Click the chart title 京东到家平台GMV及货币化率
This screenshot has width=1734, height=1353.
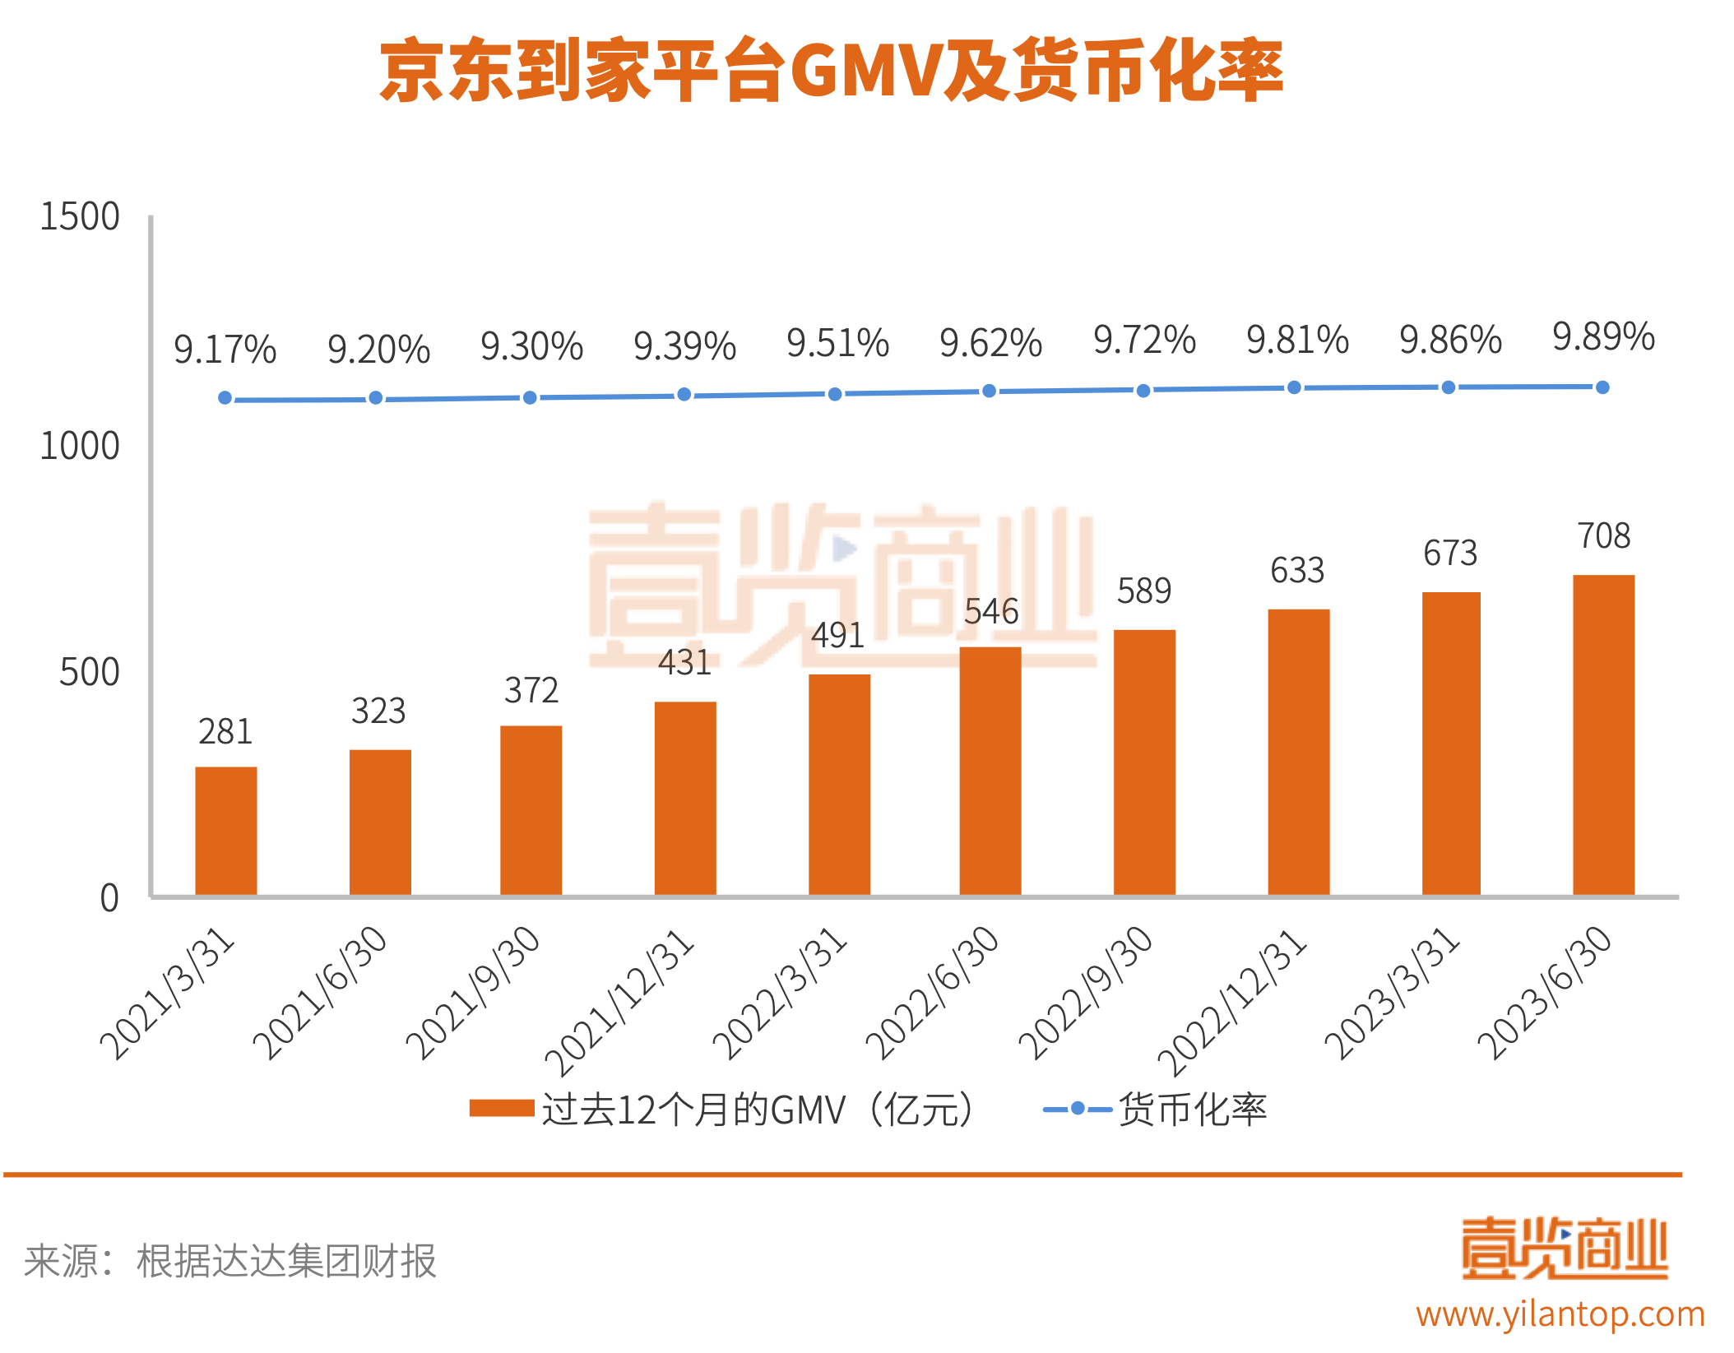[831, 71]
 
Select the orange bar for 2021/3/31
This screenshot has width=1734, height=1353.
[225, 831]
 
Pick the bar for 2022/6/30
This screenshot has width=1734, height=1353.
[990, 771]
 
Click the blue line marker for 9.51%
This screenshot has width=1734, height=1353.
[835, 394]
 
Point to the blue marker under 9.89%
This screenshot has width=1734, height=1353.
[1602, 387]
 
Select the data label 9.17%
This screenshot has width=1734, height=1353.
[225, 350]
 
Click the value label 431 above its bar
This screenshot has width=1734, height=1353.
[684, 663]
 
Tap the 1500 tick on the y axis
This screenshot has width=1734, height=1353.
[80, 217]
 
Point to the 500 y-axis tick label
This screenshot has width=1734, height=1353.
[89, 672]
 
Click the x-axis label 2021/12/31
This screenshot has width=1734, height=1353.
[619, 1002]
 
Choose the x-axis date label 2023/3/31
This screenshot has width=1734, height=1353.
[1392, 993]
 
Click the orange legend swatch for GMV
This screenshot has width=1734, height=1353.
[502, 1109]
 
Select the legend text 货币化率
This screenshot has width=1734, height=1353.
[1192, 1110]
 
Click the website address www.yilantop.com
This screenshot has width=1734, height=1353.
[1560, 1314]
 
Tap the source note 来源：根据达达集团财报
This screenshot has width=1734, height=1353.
[230, 1261]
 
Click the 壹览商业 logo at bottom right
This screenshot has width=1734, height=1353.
[1564, 1249]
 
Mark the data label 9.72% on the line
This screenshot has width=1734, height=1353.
[1144, 340]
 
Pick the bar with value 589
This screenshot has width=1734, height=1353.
[1143, 762]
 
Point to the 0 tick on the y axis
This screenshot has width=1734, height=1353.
[109, 898]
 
